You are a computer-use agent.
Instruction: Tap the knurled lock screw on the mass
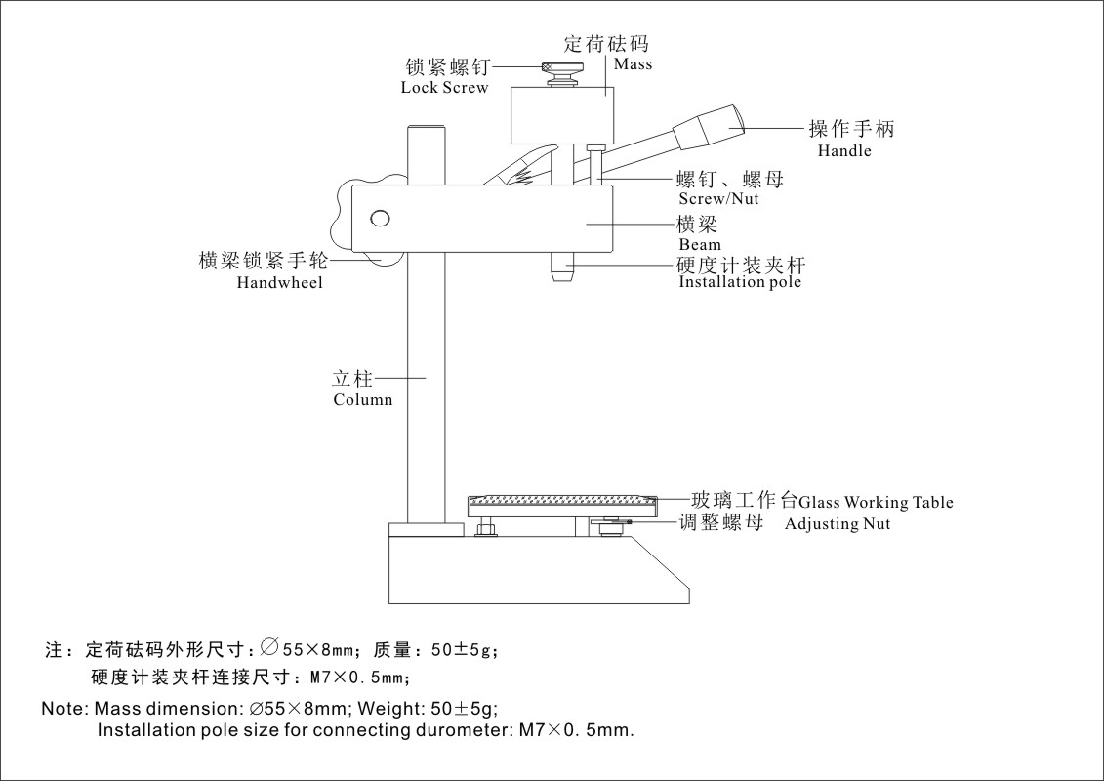[562, 70]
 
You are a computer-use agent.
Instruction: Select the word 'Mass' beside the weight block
[633, 64]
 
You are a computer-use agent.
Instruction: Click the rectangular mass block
[562, 115]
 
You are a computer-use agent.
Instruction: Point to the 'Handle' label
[844, 151]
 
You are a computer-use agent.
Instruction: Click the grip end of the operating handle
[713, 123]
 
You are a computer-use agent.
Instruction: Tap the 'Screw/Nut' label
[718, 199]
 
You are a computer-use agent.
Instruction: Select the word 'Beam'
[700, 245]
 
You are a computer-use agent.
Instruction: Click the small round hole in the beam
[380, 218]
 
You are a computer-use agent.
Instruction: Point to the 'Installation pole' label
[740, 282]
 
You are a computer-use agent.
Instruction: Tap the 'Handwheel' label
[279, 283]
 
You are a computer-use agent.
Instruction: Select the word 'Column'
[363, 399]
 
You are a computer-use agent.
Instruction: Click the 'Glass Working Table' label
[876, 503]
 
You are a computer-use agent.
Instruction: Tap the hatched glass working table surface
[561, 500]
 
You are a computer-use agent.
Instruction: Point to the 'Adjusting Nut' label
[838, 524]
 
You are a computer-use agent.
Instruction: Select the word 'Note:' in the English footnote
[63, 708]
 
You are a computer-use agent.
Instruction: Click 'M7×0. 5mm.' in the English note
[577, 729]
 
